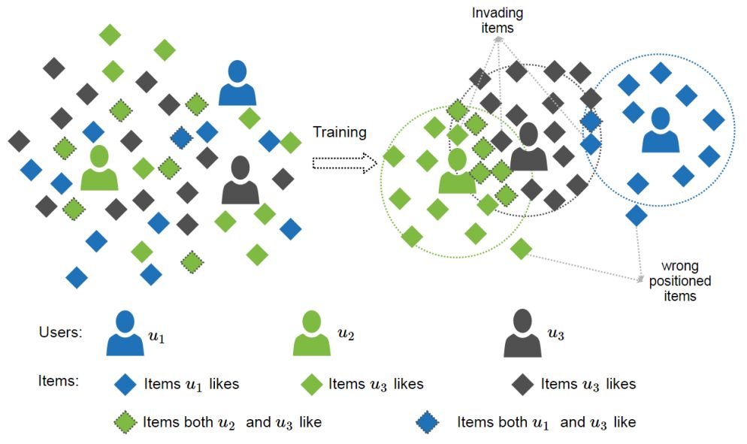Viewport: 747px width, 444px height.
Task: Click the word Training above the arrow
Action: click(x=340, y=133)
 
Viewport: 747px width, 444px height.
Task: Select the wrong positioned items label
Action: click(x=679, y=281)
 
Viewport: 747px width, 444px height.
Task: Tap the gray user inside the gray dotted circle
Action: click(x=528, y=147)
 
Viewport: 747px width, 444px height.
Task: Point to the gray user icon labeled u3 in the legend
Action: click(x=522, y=334)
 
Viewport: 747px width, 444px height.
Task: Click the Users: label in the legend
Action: click(x=60, y=332)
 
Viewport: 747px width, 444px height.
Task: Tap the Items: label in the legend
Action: click(x=58, y=382)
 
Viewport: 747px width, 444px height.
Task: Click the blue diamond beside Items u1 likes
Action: click(x=126, y=384)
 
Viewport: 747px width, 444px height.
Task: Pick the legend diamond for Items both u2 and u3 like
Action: click(x=126, y=421)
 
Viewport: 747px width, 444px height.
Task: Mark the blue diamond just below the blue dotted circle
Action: click(x=637, y=216)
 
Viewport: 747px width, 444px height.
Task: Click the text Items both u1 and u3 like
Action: click(x=546, y=422)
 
